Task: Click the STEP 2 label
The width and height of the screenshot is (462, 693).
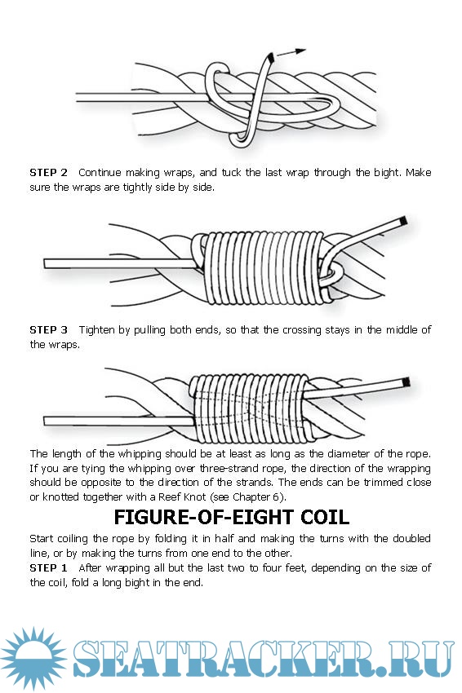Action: (x=49, y=172)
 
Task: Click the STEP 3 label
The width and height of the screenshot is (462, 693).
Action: (x=49, y=329)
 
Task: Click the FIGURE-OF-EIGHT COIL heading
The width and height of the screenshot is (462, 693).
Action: (x=232, y=517)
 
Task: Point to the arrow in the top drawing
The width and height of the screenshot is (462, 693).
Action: (x=291, y=52)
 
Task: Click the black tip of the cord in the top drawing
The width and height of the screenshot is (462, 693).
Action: (x=271, y=57)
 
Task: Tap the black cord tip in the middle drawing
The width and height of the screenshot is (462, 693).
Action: (x=402, y=221)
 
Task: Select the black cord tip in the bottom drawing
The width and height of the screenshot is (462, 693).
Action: (x=406, y=382)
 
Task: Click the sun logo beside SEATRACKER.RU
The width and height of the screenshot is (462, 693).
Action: (x=34, y=659)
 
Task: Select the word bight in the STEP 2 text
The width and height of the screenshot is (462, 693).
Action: (x=387, y=172)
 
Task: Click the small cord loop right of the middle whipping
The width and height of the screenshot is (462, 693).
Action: (x=331, y=273)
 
